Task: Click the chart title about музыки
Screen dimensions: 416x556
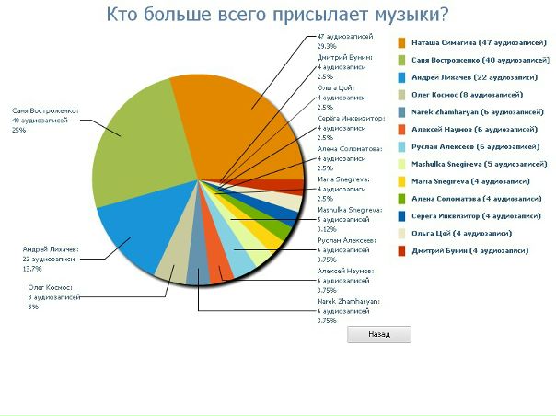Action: (277, 14)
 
